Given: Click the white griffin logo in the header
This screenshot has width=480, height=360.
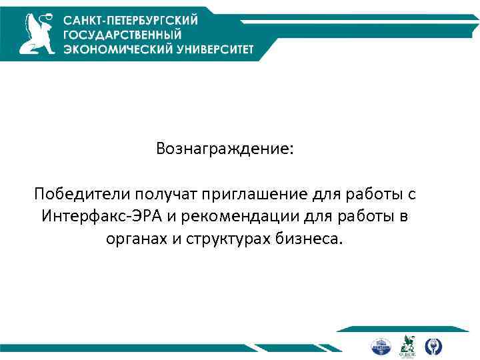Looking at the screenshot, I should click(36, 35).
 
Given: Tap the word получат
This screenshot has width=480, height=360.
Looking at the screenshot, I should click(159, 194).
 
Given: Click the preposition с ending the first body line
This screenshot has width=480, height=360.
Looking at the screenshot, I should click(412, 194).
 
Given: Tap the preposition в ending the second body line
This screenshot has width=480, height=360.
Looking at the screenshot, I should click(404, 217).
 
